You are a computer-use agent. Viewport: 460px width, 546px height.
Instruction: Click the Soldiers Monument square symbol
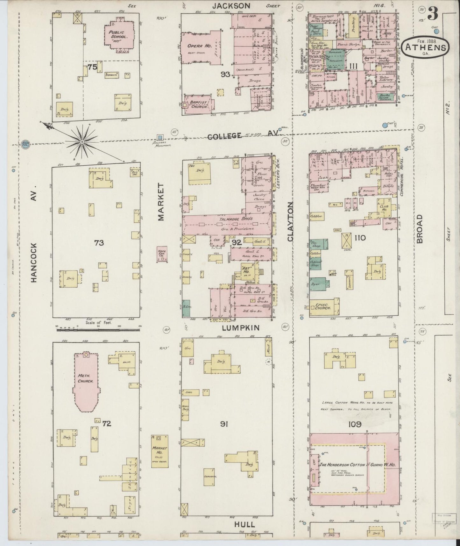pyautogui.click(x=160, y=137)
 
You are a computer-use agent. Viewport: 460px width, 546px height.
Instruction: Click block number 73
pyautogui.click(x=99, y=243)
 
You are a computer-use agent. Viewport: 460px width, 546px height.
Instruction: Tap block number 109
pyautogui.click(x=355, y=424)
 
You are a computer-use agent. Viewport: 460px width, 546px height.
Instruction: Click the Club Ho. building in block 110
pyautogui.click(x=384, y=206)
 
